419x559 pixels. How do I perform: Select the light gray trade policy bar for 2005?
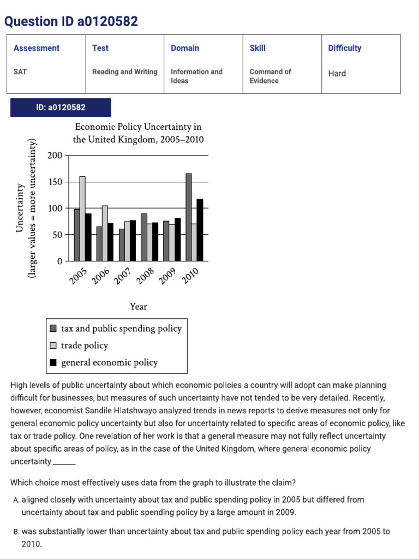pos(82,219)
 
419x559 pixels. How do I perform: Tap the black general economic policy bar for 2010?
pos(200,230)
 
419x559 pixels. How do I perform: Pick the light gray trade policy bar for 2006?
pos(105,234)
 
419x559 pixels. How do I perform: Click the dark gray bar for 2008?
pos(144,237)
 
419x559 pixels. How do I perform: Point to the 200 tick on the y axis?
pos(55,156)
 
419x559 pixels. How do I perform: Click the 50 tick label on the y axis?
pos(57,235)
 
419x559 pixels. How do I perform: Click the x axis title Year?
pos(139,307)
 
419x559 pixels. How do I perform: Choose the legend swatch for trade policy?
pos(53,346)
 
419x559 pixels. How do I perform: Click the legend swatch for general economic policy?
pos(53,362)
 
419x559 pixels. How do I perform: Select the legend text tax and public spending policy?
pos(121,329)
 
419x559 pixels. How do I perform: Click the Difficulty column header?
pos(345,48)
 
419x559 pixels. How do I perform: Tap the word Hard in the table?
pos(337,73)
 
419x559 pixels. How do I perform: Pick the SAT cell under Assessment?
pos(20,72)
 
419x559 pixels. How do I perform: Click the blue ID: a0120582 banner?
pos(61,108)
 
